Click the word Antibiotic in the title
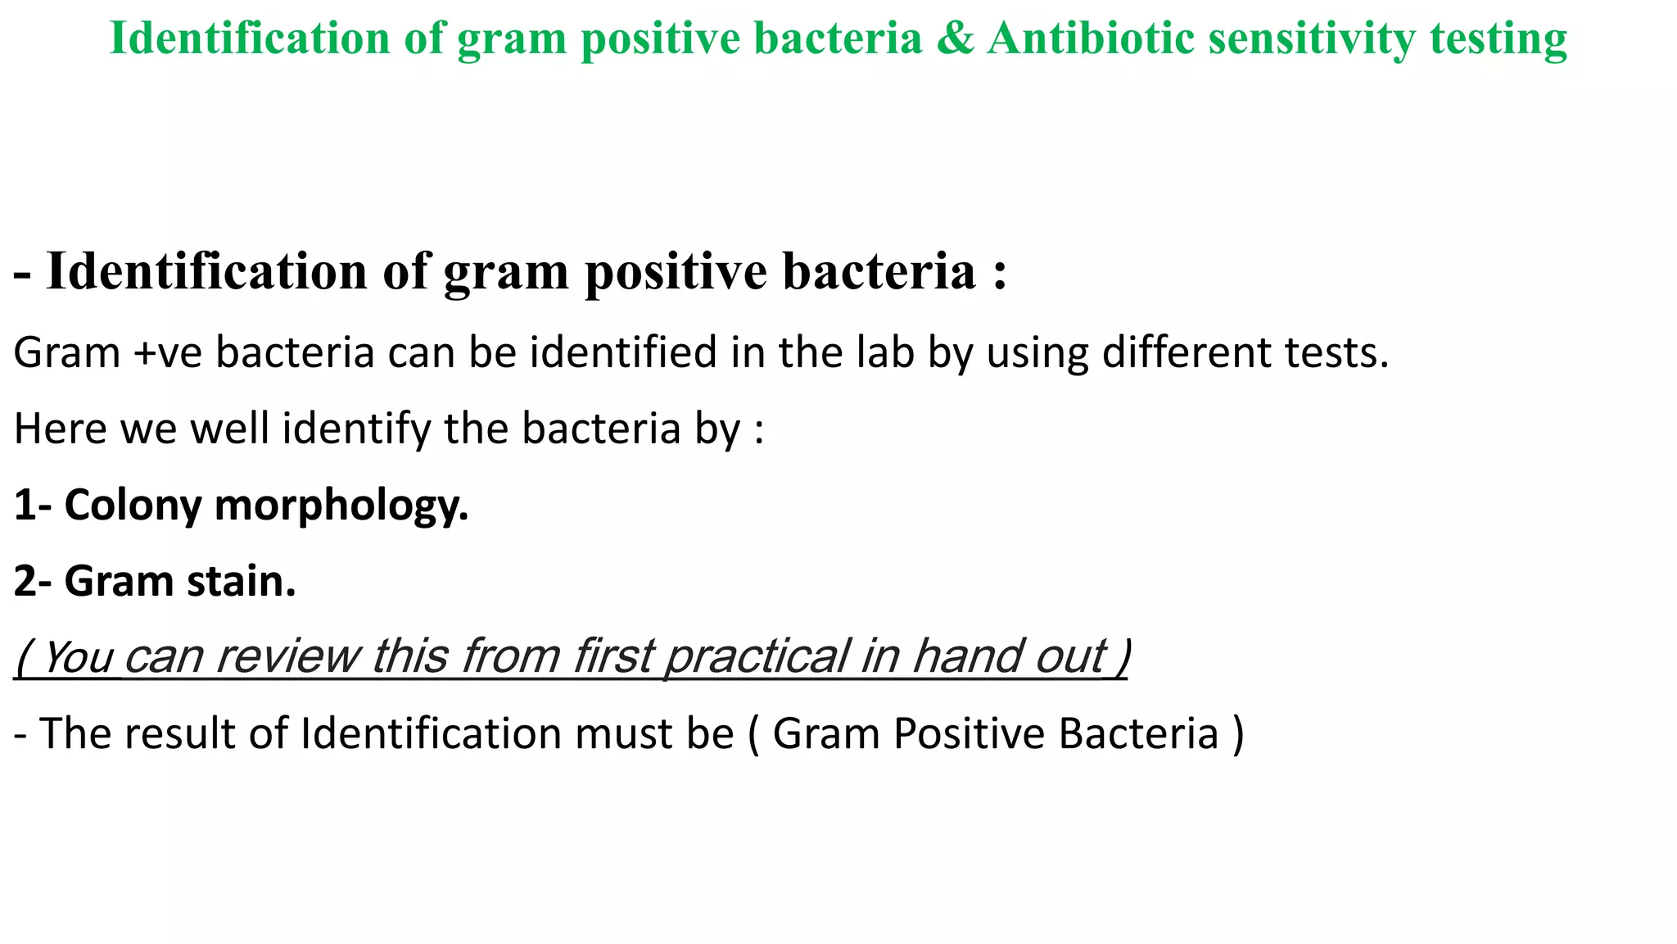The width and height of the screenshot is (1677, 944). (1090, 39)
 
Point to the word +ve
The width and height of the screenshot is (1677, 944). (168, 353)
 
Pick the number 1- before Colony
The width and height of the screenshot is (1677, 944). (33, 506)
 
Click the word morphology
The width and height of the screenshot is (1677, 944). (341, 506)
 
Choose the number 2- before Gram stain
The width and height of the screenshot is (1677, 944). (33, 582)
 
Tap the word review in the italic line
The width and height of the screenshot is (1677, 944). (287, 657)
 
